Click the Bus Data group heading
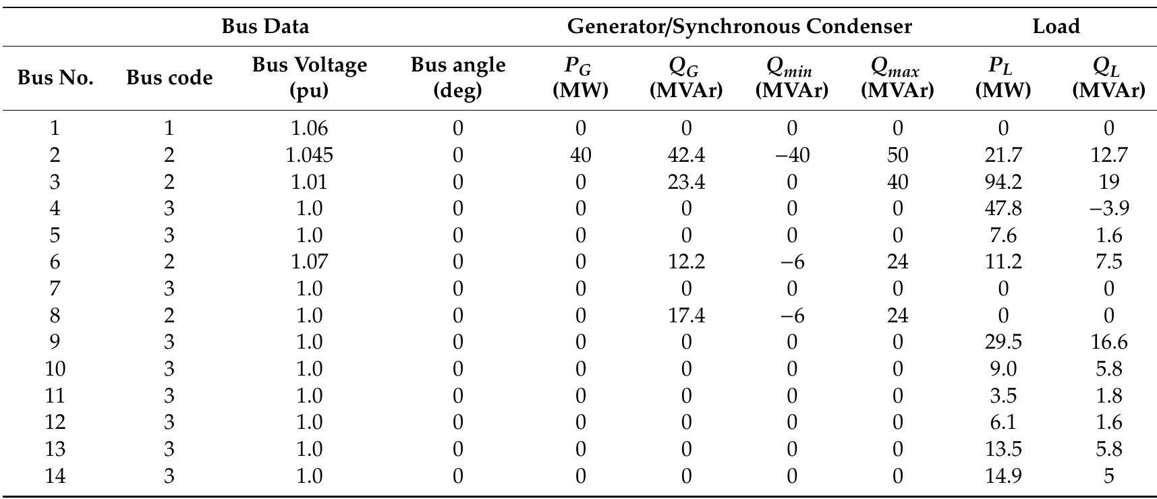[x=265, y=26]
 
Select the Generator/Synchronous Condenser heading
[x=739, y=26]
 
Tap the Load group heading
[x=1056, y=26]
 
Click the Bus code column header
[x=169, y=78]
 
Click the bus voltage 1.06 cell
[x=309, y=128]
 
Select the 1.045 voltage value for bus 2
[x=309, y=155]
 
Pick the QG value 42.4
[x=686, y=155]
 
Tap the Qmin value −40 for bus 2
[x=791, y=155]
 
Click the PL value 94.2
[x=1003, y=182]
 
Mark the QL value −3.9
[x=1108, y=208]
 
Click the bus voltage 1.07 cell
[x=309, y=262]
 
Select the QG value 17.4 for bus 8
[x=686, y=316]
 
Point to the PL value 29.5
[x=1003, y=342]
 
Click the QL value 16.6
[x=1108, y=342]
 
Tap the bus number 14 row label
[x=55, y=476]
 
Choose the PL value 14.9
[x=1003, y=476]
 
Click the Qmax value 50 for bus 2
[x=897, y=155]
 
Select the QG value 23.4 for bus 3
[x=686, y=182]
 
